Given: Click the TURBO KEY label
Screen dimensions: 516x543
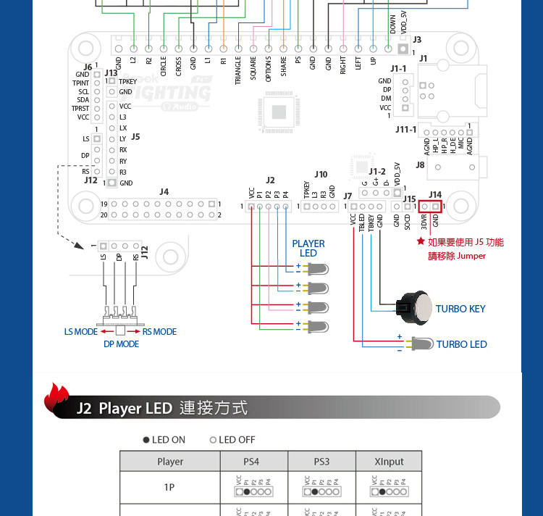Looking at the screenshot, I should (460, 309).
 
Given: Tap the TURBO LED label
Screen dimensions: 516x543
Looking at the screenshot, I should (461, 344).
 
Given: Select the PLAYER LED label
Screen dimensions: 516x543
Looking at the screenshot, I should (308, 249).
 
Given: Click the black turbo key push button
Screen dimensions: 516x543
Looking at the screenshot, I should (413, 308).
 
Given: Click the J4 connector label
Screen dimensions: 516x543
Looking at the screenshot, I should (164, 192).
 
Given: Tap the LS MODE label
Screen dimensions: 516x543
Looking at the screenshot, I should (80, 332).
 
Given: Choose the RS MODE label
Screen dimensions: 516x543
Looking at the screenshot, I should (159, 332).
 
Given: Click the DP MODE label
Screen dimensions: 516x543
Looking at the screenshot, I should (120, 344).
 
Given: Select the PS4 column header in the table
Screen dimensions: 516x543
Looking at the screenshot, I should (253, 462).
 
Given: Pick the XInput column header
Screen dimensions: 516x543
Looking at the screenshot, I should (389, 462).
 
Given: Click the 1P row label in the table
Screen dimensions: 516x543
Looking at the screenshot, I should (169, 487).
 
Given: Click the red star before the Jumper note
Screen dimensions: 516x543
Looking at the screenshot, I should (420, 242).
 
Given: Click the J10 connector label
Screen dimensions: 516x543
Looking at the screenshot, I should (321, 175).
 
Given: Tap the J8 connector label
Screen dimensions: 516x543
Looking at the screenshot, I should (420, 165).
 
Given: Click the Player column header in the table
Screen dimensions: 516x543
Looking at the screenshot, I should (170, 462).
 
